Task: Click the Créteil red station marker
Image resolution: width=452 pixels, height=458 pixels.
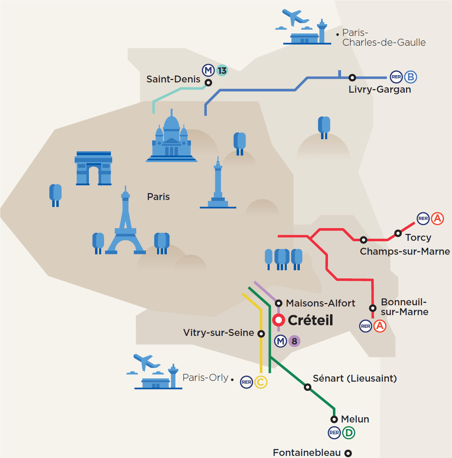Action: pos(279,320)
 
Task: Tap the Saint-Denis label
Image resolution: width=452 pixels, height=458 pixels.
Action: pos(173,79)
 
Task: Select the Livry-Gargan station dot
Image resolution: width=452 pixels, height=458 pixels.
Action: pos(352,78)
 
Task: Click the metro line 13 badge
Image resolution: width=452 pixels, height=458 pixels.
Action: pos(222,70)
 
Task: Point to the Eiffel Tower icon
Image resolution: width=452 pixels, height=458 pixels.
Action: pos(126,225)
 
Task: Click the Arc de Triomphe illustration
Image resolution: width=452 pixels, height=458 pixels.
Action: pos(93,168)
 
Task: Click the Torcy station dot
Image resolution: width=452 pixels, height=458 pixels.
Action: pos(398,233)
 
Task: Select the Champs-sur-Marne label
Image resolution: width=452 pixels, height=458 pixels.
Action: pos(405,251)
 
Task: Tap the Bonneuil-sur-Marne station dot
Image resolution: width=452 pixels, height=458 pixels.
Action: pos(372,308)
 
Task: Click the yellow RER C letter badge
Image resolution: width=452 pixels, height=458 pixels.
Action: pos(261,382)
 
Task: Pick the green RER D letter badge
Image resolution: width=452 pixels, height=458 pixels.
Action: pos(349,433)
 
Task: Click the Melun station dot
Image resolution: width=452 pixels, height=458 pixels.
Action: pos(334,420)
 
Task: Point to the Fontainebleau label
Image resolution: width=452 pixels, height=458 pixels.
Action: pos(307,453)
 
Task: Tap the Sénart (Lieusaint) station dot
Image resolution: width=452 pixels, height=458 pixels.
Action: pos(308,387)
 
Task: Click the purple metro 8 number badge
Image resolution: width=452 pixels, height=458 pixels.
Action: pos(294,341)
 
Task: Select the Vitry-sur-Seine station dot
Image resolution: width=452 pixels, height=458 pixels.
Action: pos(261,333)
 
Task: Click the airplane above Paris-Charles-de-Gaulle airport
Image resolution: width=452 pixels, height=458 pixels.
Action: pos(295,18)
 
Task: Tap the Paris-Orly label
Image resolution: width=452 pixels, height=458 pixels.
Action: pos(205,378)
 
